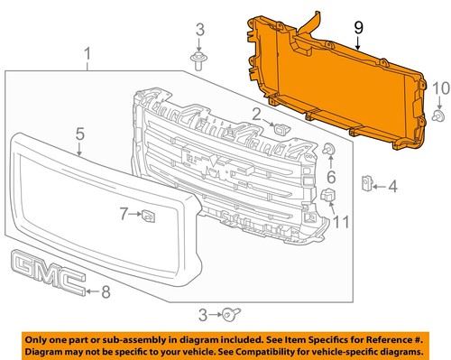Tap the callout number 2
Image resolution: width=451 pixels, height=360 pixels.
point(256,114)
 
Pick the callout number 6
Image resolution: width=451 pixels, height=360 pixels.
point(330,177)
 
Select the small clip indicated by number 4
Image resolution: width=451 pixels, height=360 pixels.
point(368,184)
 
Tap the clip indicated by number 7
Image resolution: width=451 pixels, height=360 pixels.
point(148,215)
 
